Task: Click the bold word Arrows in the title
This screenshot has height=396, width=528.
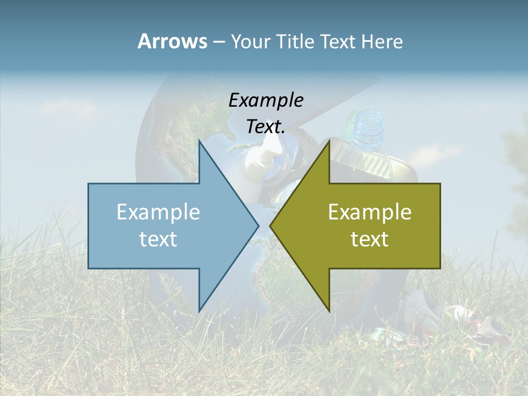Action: click(x=172, y=41)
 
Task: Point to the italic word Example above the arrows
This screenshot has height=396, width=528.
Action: click(x=266, y=100)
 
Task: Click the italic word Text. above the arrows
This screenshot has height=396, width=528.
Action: click(x=266, y=127)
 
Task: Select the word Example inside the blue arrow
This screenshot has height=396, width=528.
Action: click(x=158, y=212)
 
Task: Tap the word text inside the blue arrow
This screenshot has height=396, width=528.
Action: click(x=158, y=239)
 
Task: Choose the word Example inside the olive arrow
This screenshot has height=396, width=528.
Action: click(x=370, y=212)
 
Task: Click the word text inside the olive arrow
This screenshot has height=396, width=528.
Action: click(x=370, y=239)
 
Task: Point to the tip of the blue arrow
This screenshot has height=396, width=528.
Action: click(x=257, y=226)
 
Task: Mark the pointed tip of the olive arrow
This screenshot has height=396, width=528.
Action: click(x=271, y=226)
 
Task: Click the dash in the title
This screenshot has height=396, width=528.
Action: click(x=218, y=42)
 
